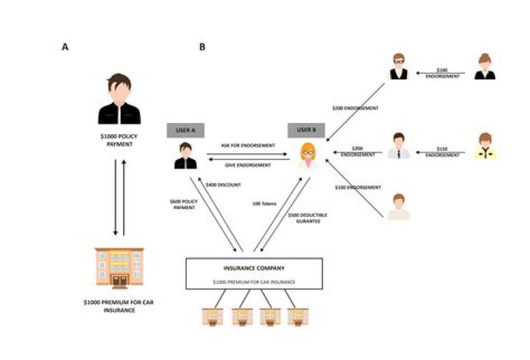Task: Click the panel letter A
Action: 66,46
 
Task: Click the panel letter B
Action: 202,46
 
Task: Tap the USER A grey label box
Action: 185,130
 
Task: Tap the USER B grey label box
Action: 305,130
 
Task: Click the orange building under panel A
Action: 119,267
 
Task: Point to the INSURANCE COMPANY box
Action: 254,272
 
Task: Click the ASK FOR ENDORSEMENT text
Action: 245,146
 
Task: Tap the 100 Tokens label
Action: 264,203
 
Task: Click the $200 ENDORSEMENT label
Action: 355,108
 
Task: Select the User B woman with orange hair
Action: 307,156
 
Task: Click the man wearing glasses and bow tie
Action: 398,66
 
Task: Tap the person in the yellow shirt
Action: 485,145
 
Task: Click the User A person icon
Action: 185,156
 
